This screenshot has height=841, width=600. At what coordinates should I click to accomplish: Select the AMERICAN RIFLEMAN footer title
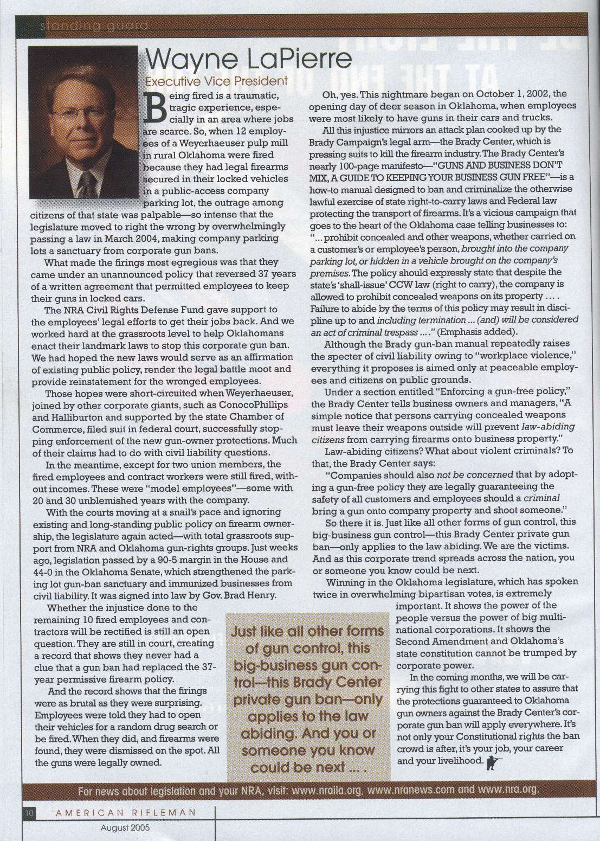tap(120, 812)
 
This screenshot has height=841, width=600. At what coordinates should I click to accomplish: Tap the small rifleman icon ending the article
tap(494, 761)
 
